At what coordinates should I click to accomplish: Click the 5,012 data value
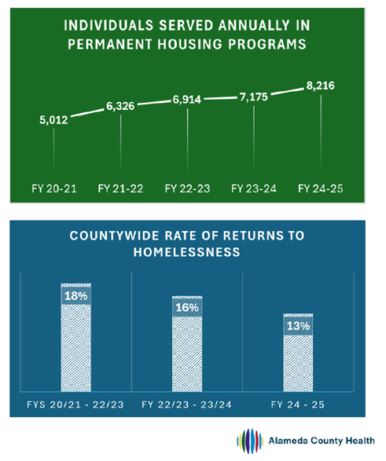click(53, 120)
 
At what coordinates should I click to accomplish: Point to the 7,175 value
click(253, 98)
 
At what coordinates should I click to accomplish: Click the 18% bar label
click(76, 295)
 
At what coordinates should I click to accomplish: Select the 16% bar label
click(187, 309)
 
